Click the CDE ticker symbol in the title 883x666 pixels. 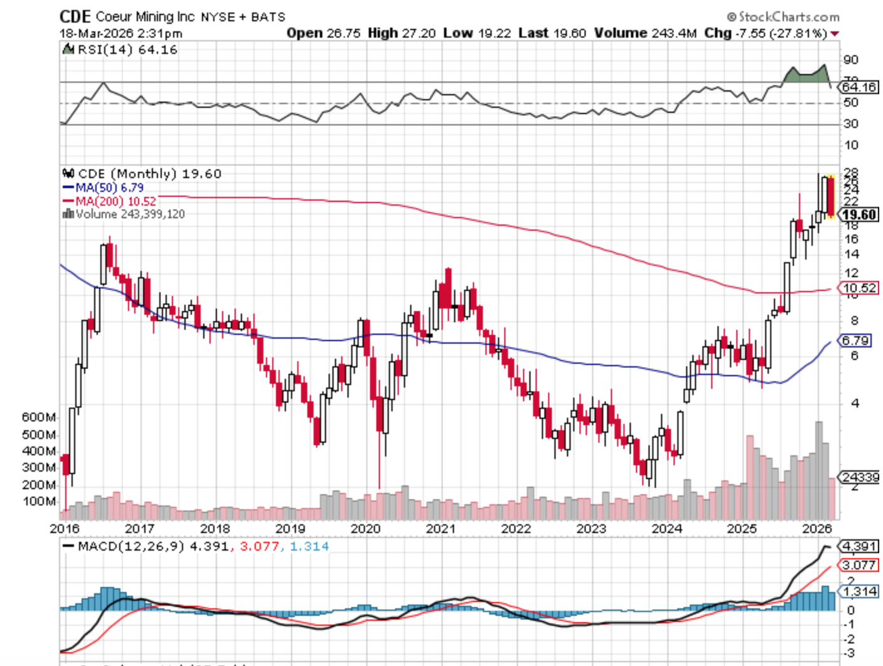[75, 16]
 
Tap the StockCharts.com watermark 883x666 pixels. [783, 17]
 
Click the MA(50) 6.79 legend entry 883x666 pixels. [103, 188]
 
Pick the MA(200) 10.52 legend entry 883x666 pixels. [109, 201]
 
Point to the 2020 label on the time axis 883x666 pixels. [366, 529]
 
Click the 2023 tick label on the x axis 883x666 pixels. [591, 529]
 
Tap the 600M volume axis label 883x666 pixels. [39, 417]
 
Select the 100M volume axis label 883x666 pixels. [39, 501]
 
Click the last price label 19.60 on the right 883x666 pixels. [859, 215]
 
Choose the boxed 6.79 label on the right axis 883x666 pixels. [855, 341]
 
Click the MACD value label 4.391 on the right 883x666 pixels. [859, 546]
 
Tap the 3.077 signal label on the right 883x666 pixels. [859, 565]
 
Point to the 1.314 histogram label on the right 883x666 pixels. [859, 591]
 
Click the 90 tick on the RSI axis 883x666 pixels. [851, 60]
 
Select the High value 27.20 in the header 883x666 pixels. [418, 33]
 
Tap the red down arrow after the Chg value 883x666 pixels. [835, 34]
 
